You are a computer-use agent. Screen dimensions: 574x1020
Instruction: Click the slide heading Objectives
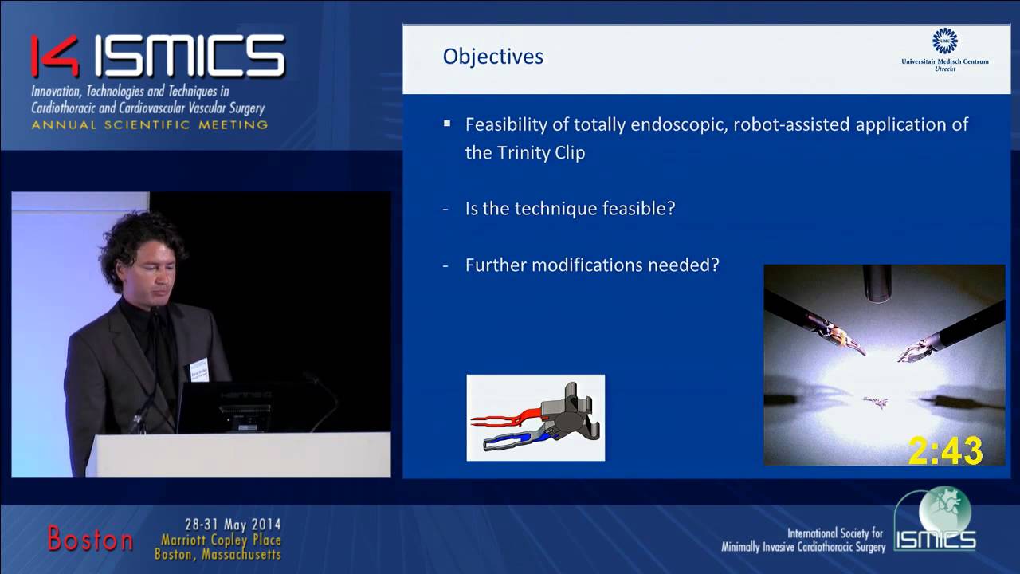pyautogui.click(x=493, y=57)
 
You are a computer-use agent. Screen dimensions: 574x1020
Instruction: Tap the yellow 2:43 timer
pyautogui.click(x=945, y=451)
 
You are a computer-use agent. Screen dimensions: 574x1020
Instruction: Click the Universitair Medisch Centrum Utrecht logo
pyautogui.click(x=945, y=49)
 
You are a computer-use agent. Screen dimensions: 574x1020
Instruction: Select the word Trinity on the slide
pyautogui.click(x=526, y=153)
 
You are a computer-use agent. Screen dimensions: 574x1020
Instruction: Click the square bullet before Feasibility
pyautogui.click(x=447, y=124)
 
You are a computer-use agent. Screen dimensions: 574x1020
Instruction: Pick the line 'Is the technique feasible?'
pyautogui.click(x=570, y=209)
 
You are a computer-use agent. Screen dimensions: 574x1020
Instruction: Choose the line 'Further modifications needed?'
pyautogui.click(x=592, y=265)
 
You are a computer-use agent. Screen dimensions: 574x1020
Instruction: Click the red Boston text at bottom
pyautogui.click(x=90, y=539)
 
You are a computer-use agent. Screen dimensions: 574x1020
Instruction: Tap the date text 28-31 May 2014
pyautogui.click(x=233, y=525)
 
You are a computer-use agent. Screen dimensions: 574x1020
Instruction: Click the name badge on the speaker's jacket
pyautogui.click(x=199, y=369)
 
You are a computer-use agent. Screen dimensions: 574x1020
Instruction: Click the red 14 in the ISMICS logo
pyautogui.click(x=56, y=56)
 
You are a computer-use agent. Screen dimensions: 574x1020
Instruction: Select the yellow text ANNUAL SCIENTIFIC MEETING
pyautogui.click(x=150, y=125)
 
